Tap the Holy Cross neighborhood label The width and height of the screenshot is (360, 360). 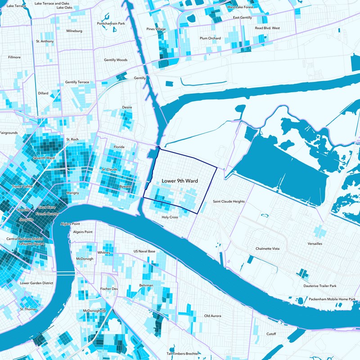click(x=170, y=217)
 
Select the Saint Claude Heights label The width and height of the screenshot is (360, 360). click(x=229, y=202)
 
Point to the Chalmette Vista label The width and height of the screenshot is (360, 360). click(x=268, y=248)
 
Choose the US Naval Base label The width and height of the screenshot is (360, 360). click(x=144, y=251)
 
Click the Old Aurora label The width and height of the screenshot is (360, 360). click(x=212, y=316)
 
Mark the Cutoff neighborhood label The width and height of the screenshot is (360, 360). click(x=271, y=334)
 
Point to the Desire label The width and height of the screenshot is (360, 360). click(x=127, y=107)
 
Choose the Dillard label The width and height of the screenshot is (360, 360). click(x=43, y=93)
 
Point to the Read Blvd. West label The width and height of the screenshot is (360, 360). click(x=267, y=28)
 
